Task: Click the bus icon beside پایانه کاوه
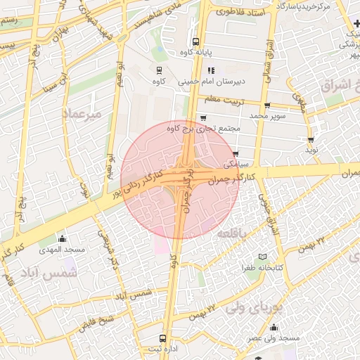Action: tap(195, 41)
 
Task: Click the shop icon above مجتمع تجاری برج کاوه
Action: tap(203, 117)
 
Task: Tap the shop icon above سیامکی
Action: tap(236, 153)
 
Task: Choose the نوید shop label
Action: tap(311, 150)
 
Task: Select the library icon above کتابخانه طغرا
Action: tap(263, 257)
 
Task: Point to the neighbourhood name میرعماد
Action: tap(82, 112)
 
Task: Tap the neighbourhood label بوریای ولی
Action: tap(256, 307)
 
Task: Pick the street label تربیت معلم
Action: tap(224, 100)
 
